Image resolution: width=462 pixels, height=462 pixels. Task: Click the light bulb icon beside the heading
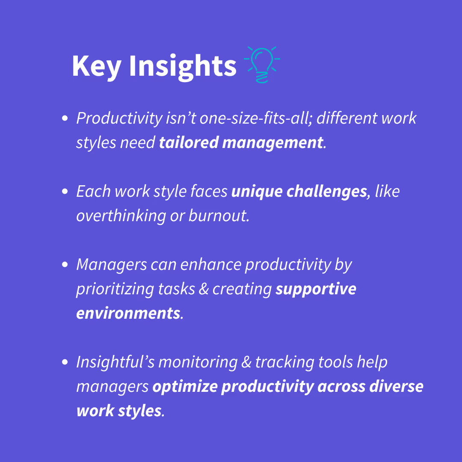(x=262, y=65)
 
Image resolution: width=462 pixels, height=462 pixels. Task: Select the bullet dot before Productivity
(x=65, y=118)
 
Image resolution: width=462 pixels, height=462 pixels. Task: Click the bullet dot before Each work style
(x=65, y=192)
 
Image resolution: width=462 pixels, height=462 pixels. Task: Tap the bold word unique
(x=257, y=192)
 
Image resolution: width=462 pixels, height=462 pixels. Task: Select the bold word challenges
(x=327, y=192)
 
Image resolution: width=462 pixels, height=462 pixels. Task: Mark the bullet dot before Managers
(x=65, y=265)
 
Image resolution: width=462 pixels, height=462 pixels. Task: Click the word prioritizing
(x=115, y=290)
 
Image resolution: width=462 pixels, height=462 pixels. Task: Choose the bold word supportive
(x=316, y=289)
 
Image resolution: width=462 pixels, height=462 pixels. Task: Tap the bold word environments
(x=128, y=314)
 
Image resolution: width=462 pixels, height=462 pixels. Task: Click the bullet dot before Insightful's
(x=65, y=362)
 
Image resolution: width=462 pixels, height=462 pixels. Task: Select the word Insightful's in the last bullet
(x=115, y=362)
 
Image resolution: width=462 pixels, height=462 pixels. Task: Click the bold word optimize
(x=185, y=387)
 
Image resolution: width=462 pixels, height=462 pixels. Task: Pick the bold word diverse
(x=396, y=386)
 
